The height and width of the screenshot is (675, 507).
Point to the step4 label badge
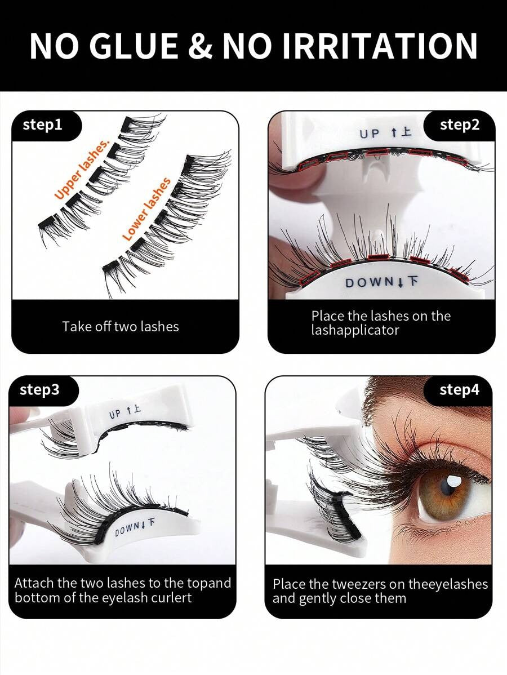click(x=459, y=390)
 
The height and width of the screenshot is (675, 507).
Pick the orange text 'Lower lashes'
click(x=146, y=209)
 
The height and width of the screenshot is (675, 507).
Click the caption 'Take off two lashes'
click(x=121, y=326)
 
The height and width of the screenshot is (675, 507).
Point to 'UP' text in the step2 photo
click(x=370, y=134)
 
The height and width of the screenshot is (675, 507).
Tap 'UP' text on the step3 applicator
click(x=115, y=414)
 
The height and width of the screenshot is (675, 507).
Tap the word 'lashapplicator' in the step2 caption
click(x=355, y=331)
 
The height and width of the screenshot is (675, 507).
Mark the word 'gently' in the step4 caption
click(x=315, y=599)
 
